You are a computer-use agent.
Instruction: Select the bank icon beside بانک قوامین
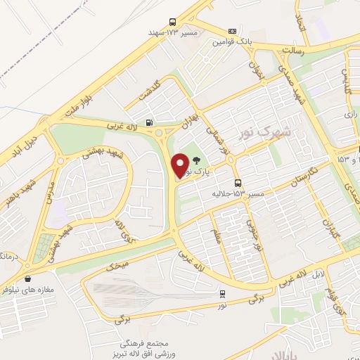point(233,32)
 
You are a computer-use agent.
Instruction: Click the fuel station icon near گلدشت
point(148,122)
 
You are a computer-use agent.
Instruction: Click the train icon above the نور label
point(222,294)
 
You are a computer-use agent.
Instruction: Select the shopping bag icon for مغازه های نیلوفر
point(27,278)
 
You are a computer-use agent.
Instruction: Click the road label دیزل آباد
point(26,144)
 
